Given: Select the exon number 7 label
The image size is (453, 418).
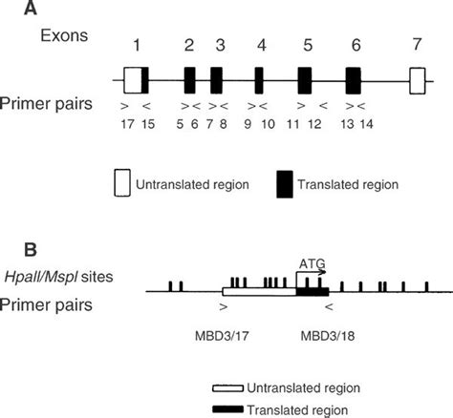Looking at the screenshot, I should tap(416, 47).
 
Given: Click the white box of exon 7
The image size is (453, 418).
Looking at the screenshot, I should tap(416, 80).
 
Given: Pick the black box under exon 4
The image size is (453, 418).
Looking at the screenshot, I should tap(259, 80).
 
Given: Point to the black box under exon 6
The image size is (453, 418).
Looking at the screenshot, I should tap(354, 80).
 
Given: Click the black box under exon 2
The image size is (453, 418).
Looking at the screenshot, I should tap(190, 80).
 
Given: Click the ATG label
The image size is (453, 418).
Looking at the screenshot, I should tap(311, 260).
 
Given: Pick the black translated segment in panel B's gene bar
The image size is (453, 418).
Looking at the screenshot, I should tap(313, 291).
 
